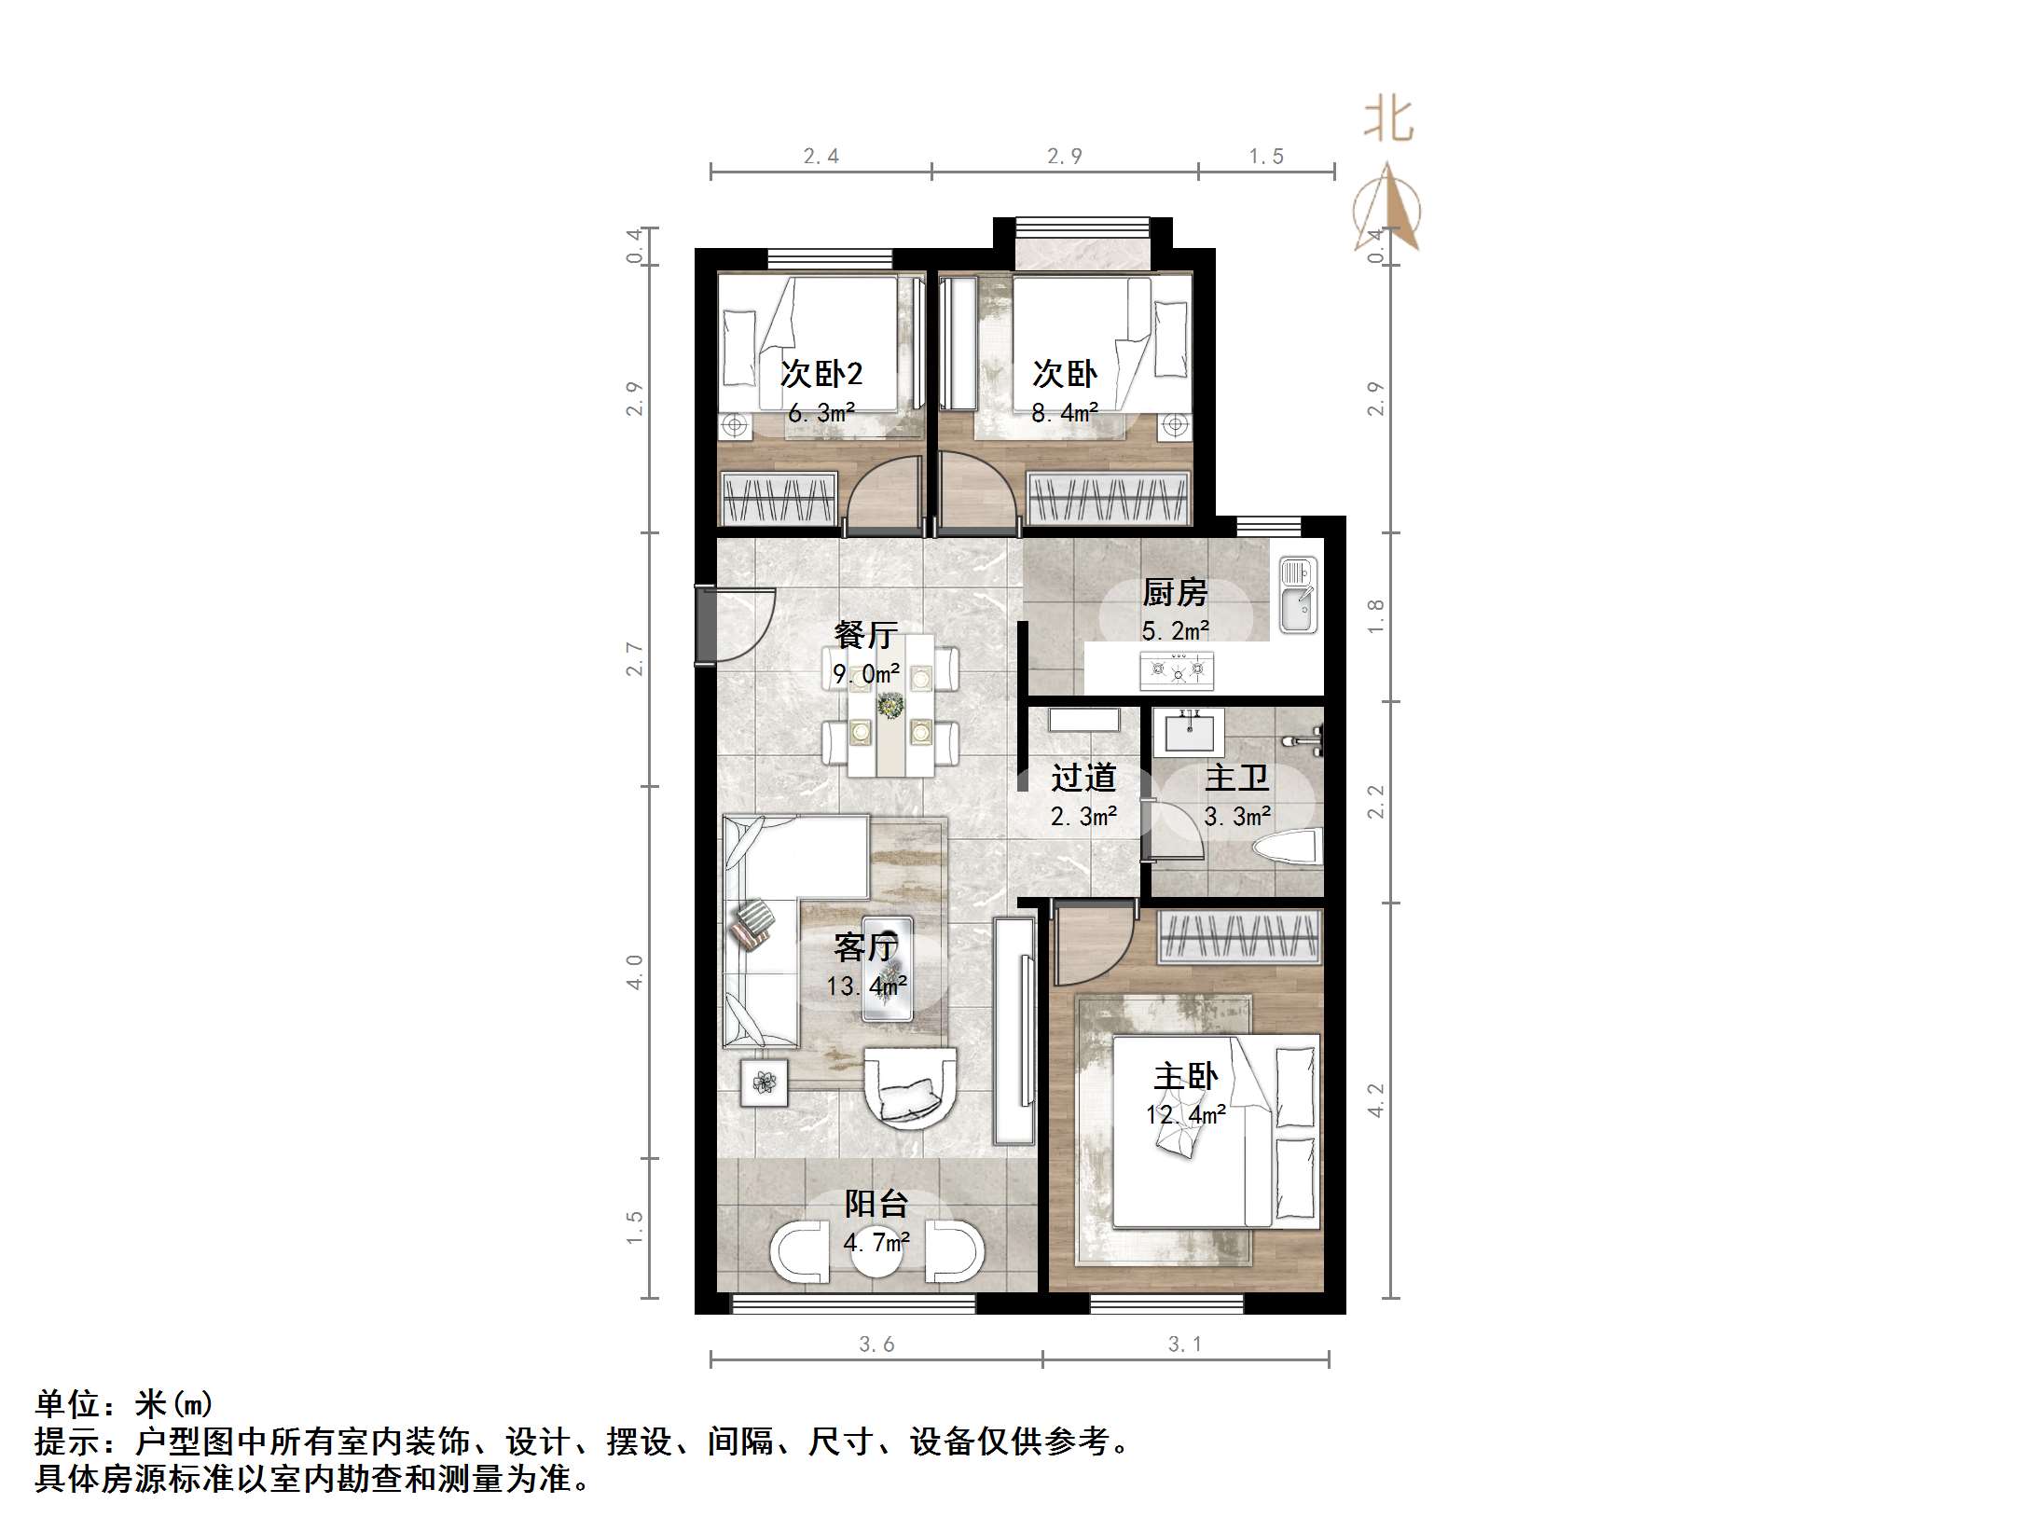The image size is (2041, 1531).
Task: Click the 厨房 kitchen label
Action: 1175,592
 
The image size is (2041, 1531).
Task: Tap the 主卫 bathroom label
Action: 1236,778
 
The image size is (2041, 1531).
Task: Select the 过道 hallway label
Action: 1083,778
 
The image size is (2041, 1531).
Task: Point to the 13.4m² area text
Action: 866,986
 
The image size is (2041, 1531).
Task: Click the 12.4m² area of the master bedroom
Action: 1185,1114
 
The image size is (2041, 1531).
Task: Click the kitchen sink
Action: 1297,594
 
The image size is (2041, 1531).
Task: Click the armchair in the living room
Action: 911,1086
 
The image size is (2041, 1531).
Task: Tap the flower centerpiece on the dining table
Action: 890,705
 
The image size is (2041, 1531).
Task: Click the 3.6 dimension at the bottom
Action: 876,1344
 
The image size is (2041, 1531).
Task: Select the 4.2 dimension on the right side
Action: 1376,1099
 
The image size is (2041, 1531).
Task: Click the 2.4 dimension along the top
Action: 821,157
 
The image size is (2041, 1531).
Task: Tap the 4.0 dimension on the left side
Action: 635,972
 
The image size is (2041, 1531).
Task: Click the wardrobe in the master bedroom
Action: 1239,937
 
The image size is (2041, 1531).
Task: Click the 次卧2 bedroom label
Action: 821,374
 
